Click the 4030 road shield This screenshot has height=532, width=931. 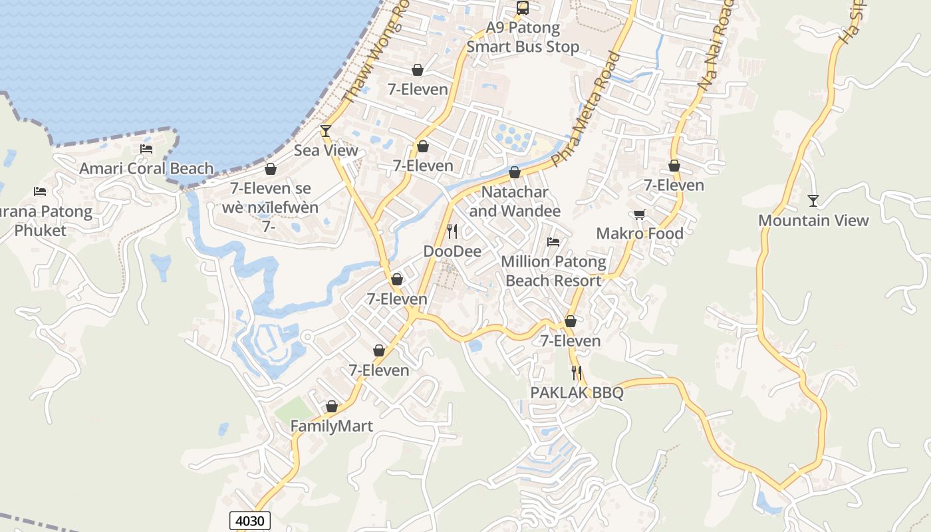[x=251, y=520]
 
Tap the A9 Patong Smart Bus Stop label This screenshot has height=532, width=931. [x=523, y=37]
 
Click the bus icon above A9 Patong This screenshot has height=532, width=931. [x=523, y=8]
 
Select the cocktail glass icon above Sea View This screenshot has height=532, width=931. [x=326, y=130]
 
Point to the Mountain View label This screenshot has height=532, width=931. [x=813, y=220]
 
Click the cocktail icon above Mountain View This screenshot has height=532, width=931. [x=813, y=200]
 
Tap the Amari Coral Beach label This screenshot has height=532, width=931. [x=146, y=168]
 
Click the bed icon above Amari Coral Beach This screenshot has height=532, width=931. [x=146, y=149]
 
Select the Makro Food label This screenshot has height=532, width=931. [x=640, y=233]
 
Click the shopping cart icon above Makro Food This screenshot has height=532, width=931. [x=640, y=214]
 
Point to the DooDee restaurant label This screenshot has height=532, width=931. [x=452, y=251]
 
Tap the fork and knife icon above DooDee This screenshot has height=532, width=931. [x=452, y=231]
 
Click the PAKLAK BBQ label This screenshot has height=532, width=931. [x=577, y=392]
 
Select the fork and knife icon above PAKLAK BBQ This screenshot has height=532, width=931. [x=577, y=373]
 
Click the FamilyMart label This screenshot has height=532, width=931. [x=332, y=426]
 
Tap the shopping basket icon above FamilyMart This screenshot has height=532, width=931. [x=332, y=406]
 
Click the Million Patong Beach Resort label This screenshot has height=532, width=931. [x=553, y=271]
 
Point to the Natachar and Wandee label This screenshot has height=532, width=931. [x=515, y=201]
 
